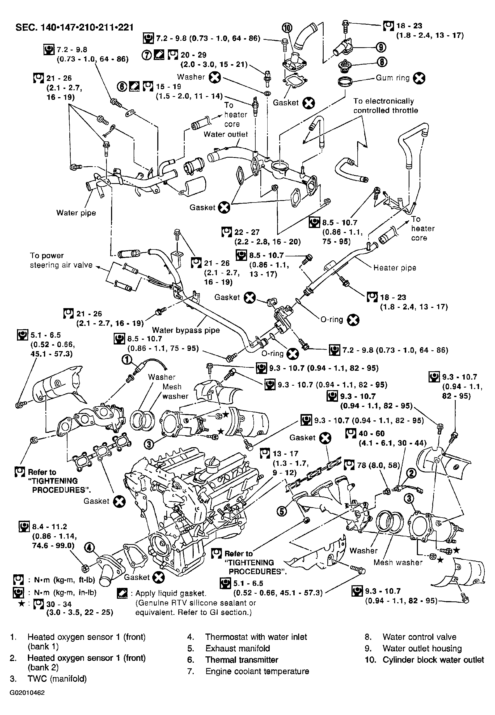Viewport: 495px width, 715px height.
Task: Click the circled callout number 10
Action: point(287,28)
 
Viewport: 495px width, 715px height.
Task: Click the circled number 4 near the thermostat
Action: point(89,548)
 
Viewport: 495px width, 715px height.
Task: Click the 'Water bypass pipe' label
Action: point(186,330)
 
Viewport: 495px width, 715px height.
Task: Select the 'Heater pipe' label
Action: point(395,268)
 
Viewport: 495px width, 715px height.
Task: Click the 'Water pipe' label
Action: point(76,213)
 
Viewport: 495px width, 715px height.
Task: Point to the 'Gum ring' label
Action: point(393,78)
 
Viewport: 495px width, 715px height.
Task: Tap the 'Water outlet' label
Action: point(226,134)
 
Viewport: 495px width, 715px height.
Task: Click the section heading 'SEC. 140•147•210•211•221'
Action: point(74,28)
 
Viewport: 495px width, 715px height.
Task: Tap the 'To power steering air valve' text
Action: point(61,260)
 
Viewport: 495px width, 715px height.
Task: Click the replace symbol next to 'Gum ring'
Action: point(419,78)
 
